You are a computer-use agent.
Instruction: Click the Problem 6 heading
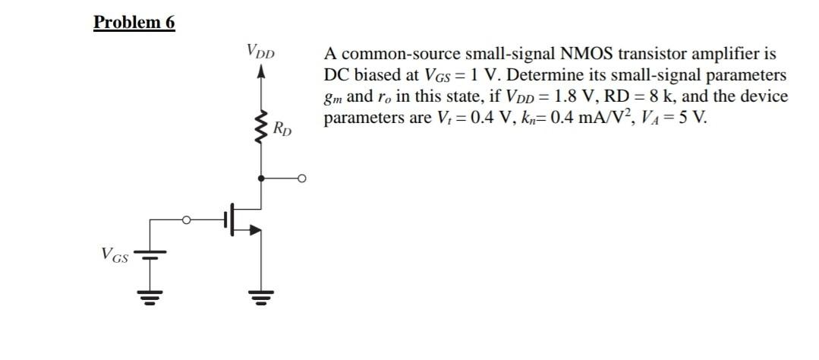(x=134, y=22)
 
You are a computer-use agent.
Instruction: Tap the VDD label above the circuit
(x=260, y=52)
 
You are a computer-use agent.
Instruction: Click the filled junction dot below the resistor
(x=263, y=179)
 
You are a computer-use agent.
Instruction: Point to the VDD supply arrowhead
(x=263, y=72)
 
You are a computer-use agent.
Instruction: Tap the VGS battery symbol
(x=150, y=255)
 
